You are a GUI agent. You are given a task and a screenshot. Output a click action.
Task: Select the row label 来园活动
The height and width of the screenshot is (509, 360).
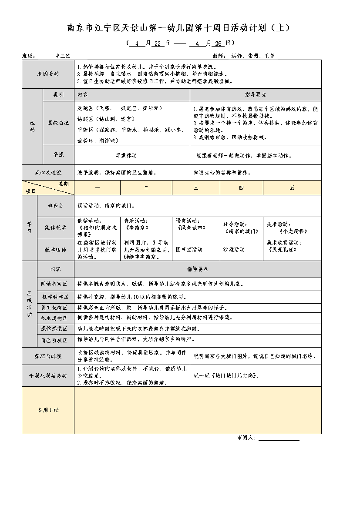click(x=48, y=74)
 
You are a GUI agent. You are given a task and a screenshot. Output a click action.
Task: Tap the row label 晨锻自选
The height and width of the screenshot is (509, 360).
click(x=58, y=123)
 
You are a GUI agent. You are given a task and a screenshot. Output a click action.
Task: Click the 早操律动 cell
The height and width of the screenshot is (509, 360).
click(x=126, y=155)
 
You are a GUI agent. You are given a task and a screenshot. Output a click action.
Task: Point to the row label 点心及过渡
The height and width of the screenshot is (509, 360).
click(x=48, y=172)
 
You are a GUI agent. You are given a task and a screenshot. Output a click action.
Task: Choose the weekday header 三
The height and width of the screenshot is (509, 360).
click(x=196, y=188)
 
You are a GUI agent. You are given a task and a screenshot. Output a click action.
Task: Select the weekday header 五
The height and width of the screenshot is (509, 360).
click(x=292, y=188)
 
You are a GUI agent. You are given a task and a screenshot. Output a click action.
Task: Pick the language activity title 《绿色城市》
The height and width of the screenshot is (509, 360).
click(x=191, y=228)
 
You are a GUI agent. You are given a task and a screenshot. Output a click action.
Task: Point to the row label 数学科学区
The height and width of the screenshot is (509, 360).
click(x=55, y=297)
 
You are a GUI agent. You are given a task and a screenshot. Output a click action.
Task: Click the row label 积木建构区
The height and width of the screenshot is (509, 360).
click(x=55, y=318)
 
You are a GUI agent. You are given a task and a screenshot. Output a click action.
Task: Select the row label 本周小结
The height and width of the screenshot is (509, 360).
click(x=48, y=410)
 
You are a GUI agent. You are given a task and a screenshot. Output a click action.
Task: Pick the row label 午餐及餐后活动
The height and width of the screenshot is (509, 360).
click(x=48, y=375)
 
